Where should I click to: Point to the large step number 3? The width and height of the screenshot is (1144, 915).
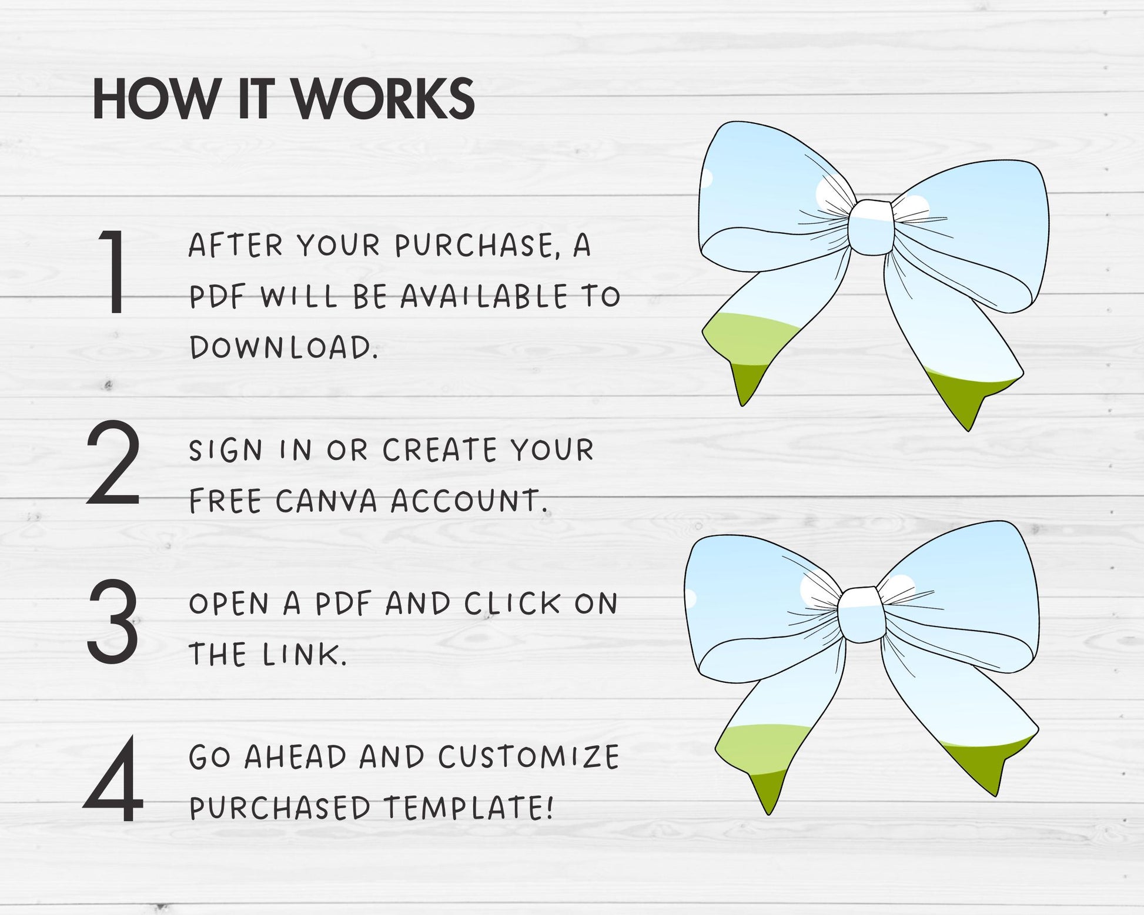(x=113, y=621)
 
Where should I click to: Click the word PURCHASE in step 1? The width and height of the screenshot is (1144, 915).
(x=477, y=246)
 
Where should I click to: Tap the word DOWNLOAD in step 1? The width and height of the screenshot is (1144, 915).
(x=283, y=347)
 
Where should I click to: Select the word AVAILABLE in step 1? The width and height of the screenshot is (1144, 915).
(x=484, y=296)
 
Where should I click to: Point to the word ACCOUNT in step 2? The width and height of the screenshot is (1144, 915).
(x=469, y=501)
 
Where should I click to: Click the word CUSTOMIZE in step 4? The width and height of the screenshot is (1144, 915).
(x=528, y=757)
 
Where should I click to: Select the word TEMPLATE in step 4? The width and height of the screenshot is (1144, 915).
(x=469, y=807)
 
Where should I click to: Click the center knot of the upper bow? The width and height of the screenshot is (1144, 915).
(x=871, y=227)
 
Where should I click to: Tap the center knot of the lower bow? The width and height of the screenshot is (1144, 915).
(x=860, y=615)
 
